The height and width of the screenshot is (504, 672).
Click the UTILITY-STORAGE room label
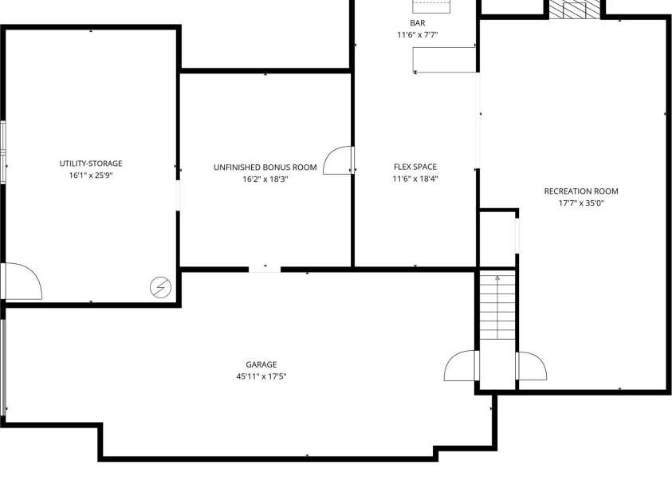tap(91, 163)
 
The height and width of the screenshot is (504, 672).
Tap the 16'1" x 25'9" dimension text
tap(91, 175)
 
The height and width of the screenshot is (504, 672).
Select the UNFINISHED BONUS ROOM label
tap(265, 167)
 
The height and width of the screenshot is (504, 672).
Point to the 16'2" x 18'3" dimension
tap(265, 179)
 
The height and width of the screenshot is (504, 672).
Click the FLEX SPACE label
tap(415, 167)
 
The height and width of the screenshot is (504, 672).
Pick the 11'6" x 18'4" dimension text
tap(415, 179)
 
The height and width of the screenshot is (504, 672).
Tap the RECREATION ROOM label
tap(581, 191)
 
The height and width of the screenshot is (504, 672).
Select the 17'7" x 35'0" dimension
tap(581, 203)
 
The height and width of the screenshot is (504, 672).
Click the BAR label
tap(418, 23)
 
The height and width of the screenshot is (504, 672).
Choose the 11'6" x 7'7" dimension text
tap(418, 35)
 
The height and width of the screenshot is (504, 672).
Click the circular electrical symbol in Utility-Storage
tap(161, 286)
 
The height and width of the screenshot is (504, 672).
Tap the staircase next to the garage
tap(497, 307)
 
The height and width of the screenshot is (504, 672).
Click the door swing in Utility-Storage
tap(22, 282)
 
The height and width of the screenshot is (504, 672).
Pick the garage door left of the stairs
tap(461, 367)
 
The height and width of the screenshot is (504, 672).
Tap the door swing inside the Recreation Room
tap(531, 367)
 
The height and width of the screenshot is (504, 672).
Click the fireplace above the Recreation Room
tap(575, 9)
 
